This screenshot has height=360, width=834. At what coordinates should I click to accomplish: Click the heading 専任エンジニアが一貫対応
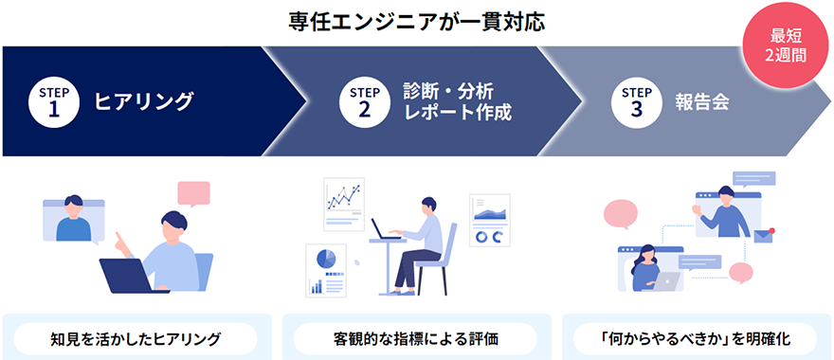(417, 21)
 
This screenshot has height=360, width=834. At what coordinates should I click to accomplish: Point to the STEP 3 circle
(637, 101)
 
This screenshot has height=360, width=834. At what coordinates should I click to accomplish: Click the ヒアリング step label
(143, 101)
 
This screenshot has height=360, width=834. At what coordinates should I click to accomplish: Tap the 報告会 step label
(702, 101)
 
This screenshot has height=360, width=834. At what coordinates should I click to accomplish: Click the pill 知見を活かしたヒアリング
(136, 338)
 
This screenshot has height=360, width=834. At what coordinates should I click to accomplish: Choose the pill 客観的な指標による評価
(416, 338)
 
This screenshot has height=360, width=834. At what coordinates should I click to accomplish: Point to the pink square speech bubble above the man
(193, 193)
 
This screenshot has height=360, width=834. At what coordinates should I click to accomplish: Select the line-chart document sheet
(343, 203)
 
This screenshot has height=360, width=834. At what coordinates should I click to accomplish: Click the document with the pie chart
(326, 269)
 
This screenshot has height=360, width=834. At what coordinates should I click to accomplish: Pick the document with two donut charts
(490, 219)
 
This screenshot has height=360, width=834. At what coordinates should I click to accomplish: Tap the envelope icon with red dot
(764, 236)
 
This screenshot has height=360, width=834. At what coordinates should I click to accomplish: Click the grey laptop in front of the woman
(668, 280)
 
